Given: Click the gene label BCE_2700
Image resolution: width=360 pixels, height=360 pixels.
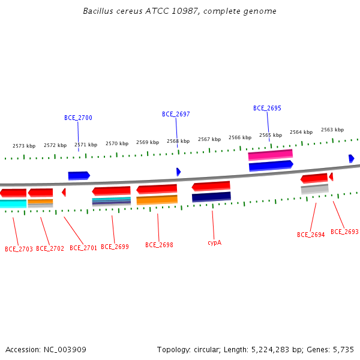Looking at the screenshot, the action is (x=78, y=118).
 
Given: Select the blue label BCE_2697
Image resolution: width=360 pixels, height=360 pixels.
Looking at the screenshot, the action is (x=176, y=115).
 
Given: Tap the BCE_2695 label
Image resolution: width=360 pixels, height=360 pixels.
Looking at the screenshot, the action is (x=267, y=109).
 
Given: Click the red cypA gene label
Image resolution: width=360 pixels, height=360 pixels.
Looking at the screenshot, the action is (x=214, y=243).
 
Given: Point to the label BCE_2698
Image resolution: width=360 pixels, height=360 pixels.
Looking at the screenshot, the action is (x=159, y=245).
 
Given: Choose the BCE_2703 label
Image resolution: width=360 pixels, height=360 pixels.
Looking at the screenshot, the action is (x=19, y=249).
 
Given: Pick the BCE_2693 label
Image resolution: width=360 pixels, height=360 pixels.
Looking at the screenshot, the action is (x=344, y=232).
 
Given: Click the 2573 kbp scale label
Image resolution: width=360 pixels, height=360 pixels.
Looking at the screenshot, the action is (x=24, y=146).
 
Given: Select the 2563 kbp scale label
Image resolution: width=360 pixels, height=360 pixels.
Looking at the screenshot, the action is (x=332, y=130).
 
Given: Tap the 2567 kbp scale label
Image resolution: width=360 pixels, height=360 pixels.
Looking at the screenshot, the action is (x=209, y=139).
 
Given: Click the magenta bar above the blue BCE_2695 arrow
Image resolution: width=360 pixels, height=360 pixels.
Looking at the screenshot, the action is (x=271, y=155).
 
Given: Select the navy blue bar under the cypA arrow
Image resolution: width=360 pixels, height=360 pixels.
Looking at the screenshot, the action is (x=211, y=197).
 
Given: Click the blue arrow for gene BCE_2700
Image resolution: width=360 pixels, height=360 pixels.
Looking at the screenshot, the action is (x=79, y=176).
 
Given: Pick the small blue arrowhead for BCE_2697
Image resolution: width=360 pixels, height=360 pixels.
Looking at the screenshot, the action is (x=179, y=172).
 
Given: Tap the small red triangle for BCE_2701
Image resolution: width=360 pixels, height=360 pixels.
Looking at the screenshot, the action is (x=64, y=193).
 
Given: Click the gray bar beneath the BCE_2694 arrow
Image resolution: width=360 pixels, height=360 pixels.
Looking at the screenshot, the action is (x=315, y=189).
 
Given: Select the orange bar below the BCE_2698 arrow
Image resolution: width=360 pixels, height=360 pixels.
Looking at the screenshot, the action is (x=157, y=200).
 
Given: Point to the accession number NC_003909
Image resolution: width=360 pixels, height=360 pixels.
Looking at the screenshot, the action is (x=65, y=350).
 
